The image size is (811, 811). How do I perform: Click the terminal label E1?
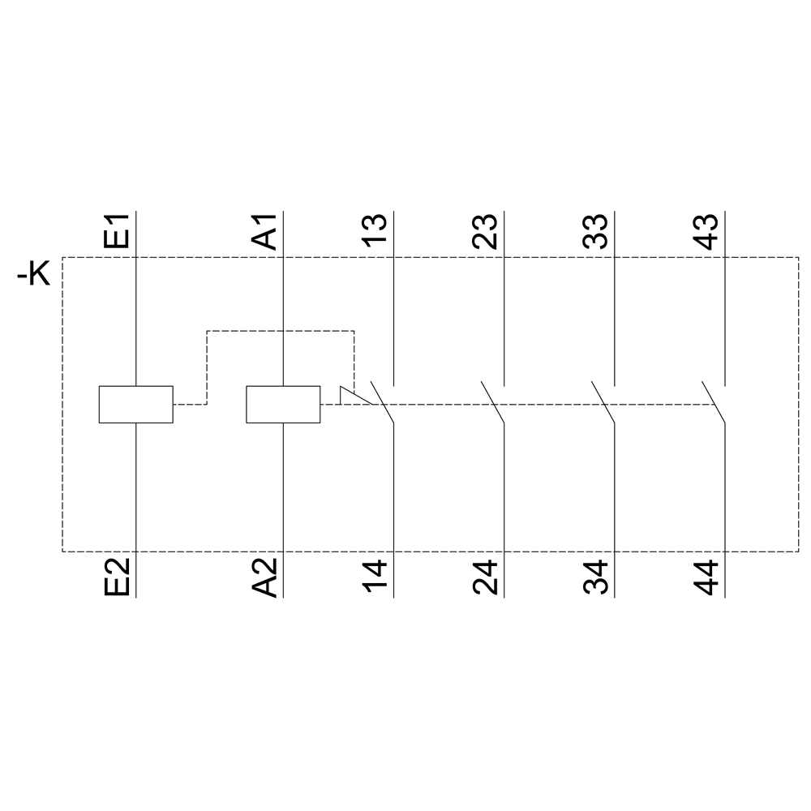(116, 231)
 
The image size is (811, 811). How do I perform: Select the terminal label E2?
(116, 577)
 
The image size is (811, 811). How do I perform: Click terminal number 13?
(374, 230)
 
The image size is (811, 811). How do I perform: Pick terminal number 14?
(374, 576)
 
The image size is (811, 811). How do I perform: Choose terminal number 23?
(485, 231)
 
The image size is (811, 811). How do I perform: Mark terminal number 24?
(485, 577)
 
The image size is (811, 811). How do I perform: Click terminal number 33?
(595, 231)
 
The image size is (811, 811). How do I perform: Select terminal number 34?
(595, 577)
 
